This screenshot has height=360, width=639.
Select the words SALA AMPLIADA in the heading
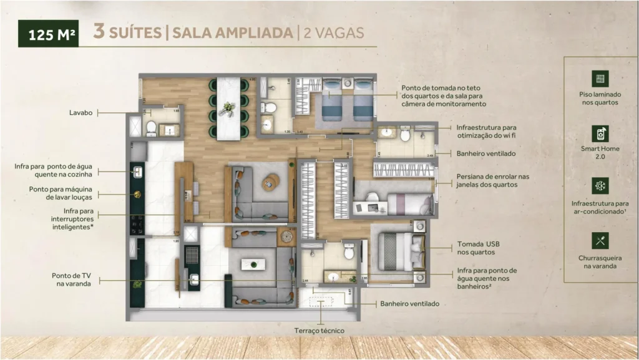(230, 32)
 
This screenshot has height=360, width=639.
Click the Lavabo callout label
(80, 113)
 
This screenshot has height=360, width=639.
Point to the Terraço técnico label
(319, 331)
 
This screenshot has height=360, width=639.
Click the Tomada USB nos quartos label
(477, 248)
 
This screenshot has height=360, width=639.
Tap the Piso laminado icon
(600, 79)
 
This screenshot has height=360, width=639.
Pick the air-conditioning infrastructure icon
(600, 186)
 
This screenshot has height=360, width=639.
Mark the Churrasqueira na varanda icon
(600, 240)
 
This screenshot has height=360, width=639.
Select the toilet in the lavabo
(150, 128)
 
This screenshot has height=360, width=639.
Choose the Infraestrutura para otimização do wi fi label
(486, 131)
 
